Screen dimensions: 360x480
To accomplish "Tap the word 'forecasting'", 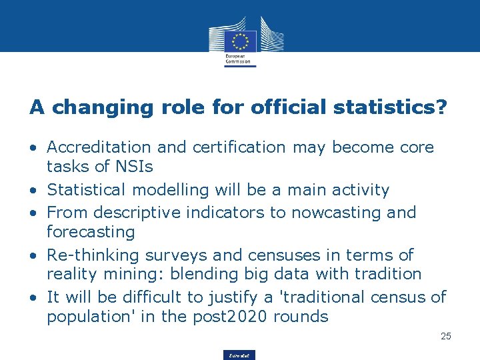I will [91, 233].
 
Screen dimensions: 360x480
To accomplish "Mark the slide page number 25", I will [446, 336].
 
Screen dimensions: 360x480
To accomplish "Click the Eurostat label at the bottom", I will [239, 355].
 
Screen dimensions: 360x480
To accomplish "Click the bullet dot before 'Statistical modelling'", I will [33, 191].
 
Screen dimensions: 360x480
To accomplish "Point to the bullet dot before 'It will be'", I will [33, 297].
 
